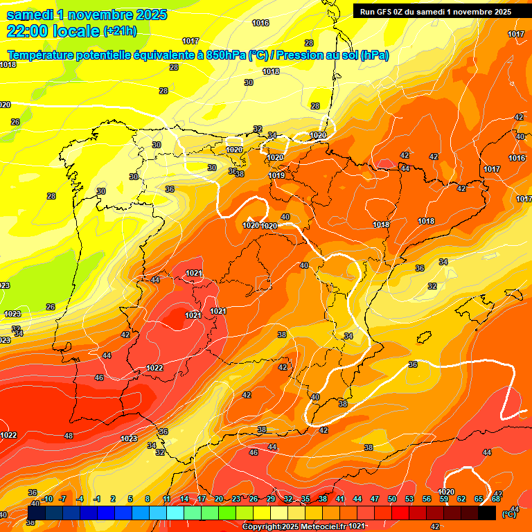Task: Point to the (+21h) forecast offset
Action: [x=120, y=31]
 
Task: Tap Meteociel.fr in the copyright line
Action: [x=314, y=526]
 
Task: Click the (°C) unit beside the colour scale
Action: [x=509, y=514]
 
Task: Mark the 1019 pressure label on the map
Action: [x=276, y=175]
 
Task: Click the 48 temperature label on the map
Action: [x=68, y=436]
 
